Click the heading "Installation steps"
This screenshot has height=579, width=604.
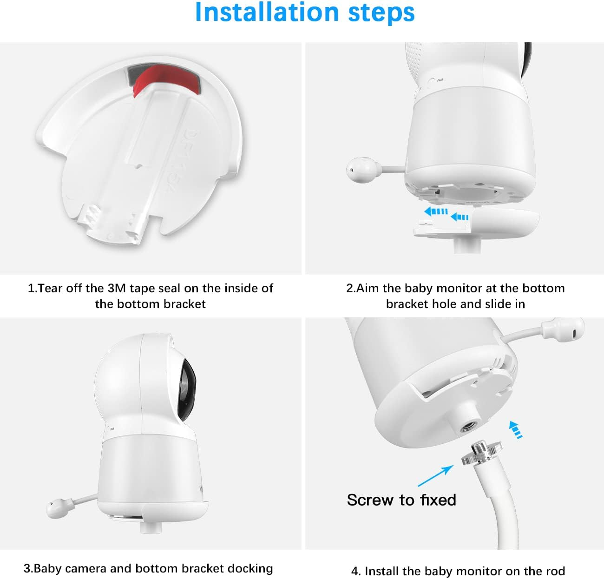(x=304, y=13)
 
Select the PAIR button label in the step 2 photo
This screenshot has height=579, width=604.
(x=440, y=80)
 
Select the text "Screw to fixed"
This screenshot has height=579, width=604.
(x=401, y=500)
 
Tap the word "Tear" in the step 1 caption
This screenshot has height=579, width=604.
(x=49, y=288)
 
